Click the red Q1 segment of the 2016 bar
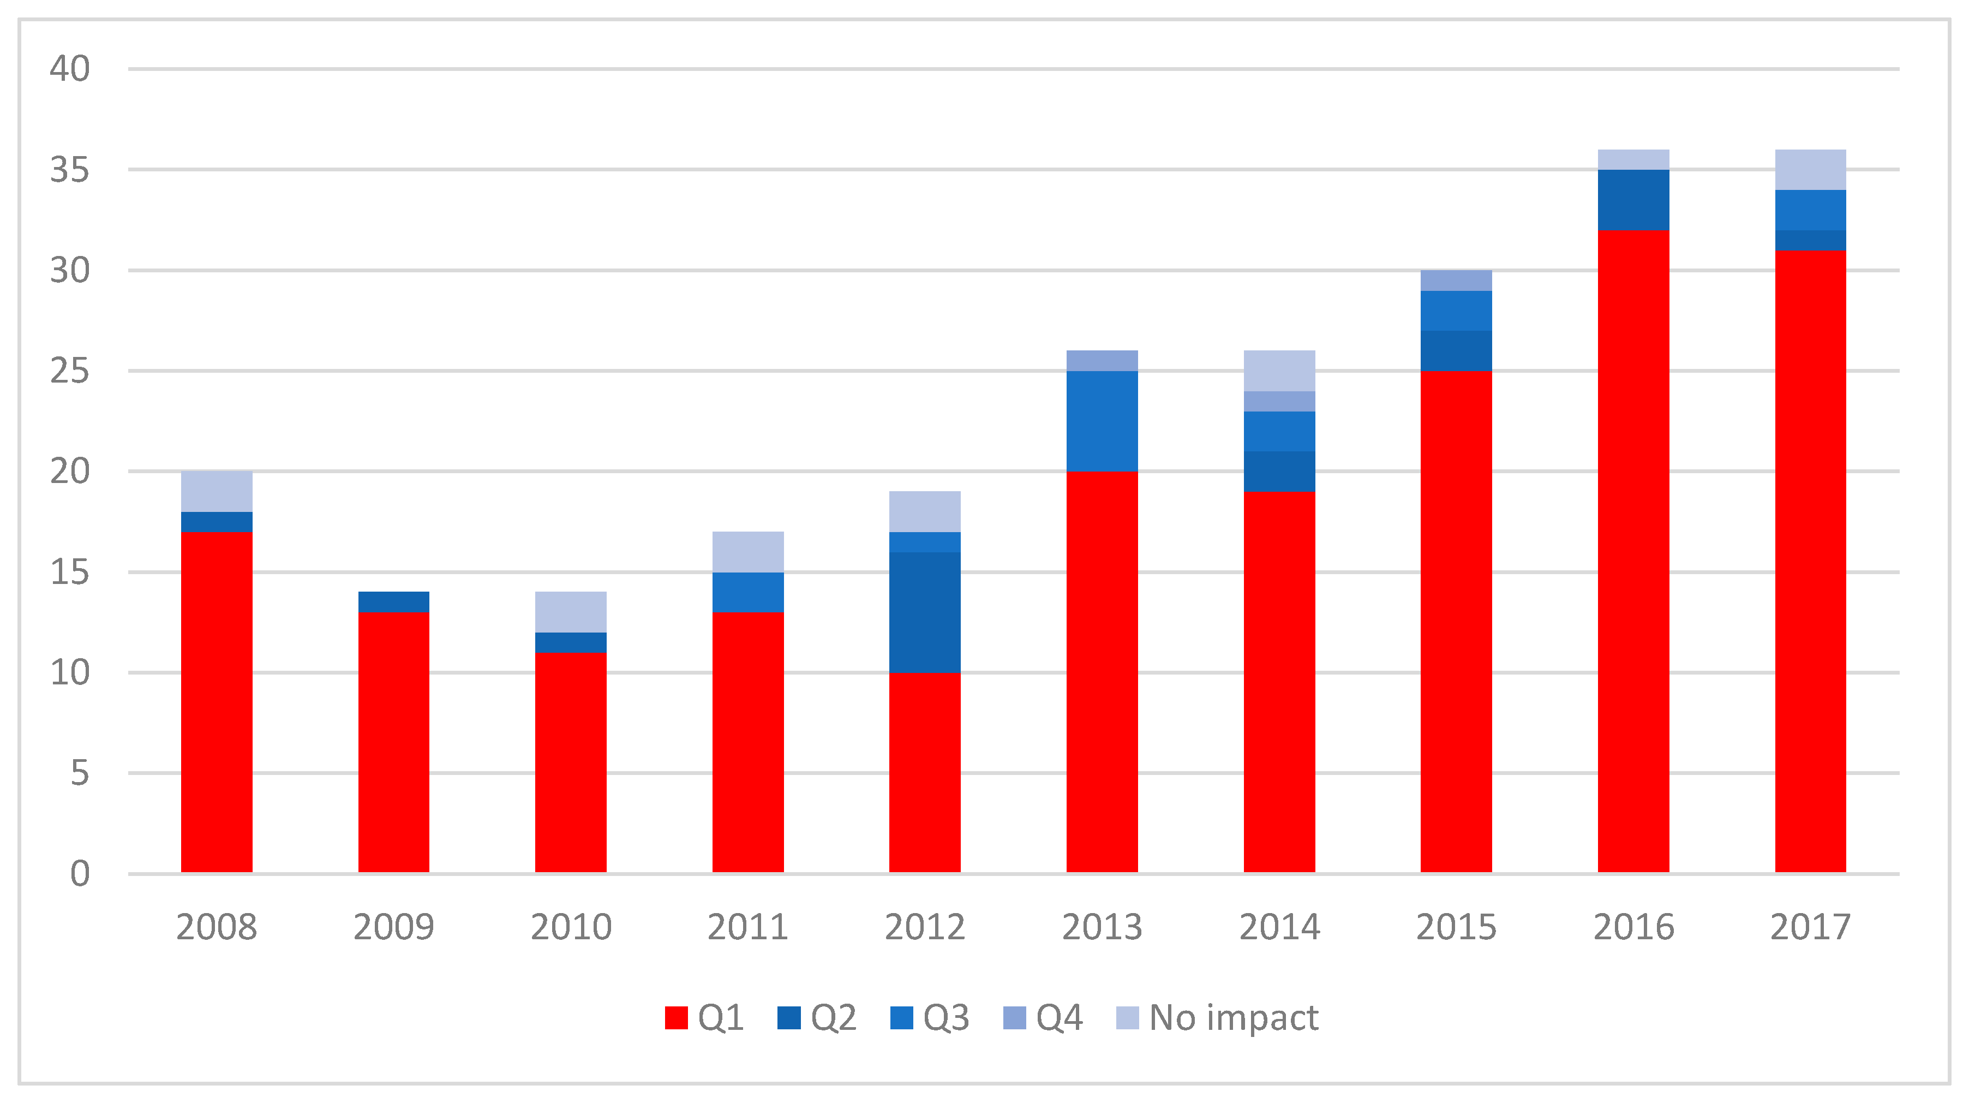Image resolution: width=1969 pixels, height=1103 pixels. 1633,550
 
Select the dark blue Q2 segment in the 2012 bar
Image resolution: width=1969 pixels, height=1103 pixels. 924,611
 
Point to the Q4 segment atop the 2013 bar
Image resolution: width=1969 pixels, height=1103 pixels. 1102,361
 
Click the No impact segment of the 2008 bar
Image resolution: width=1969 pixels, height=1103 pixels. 216,492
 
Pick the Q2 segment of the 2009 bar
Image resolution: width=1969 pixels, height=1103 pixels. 394,601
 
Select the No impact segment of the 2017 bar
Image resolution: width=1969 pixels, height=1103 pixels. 1810,170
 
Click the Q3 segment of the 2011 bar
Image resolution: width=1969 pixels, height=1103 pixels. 747,592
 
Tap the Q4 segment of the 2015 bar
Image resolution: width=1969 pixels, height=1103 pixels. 1456,281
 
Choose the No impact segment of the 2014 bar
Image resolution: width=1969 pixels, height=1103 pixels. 1279,371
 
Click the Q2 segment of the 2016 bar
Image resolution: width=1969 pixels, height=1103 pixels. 1633,200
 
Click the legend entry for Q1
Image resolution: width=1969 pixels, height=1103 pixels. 704,1017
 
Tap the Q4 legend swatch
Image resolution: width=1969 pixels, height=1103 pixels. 1014,1017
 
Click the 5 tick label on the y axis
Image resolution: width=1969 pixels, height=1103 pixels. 80,773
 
